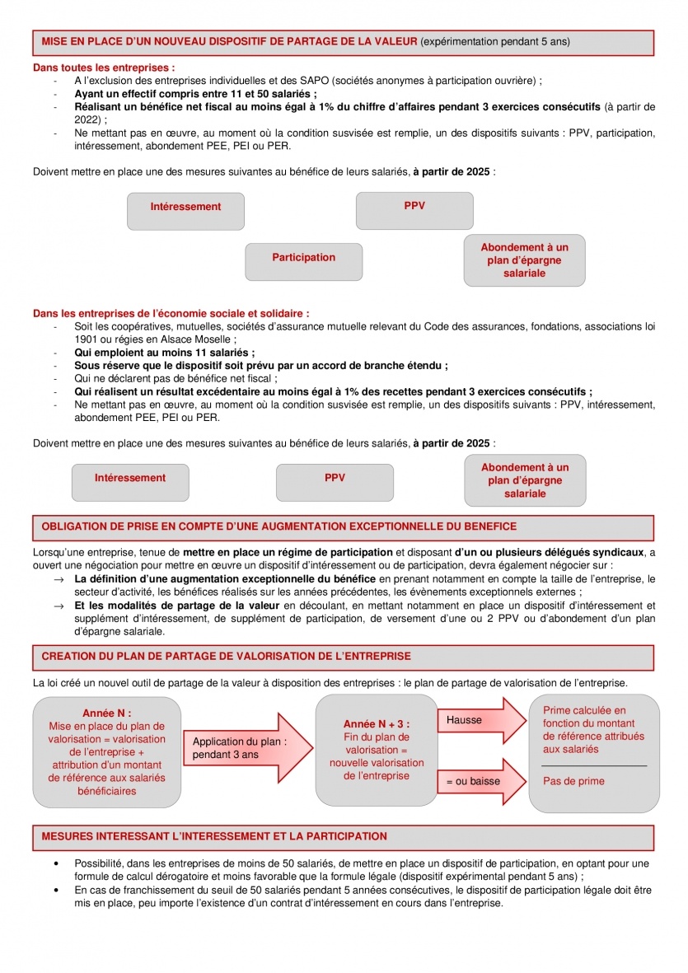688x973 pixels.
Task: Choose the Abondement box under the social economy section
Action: coord(525,480)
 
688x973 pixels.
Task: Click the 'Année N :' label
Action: coord(106,713)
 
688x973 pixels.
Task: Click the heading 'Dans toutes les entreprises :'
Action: coord(104,67)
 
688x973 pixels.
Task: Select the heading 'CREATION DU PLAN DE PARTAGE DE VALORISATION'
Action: coord(226,657)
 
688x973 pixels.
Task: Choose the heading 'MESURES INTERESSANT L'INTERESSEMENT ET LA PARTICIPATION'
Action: coord(213,836)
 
